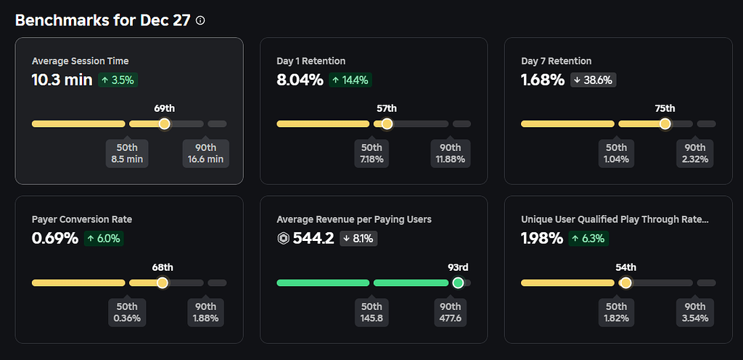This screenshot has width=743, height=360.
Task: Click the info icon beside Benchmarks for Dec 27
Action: pyautogui.click(x=200, y=20)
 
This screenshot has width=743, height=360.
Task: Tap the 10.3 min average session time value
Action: pyautogui.click(x=62, y=80)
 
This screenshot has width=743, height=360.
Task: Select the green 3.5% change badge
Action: pyautogui.click(x=118, y=80)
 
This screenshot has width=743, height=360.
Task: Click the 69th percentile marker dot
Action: pyautogui.click(x=164, y=124)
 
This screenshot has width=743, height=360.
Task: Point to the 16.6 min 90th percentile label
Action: pyautogui.click(x=206, y=153)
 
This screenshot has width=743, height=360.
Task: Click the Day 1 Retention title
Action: pyautogui.click(x=311, y=61)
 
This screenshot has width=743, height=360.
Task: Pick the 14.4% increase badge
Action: pyautogui.click(x=351, y=80)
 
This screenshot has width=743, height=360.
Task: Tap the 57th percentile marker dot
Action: pyautogui.click(x=387, y=124)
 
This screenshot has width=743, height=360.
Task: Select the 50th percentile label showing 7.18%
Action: pyautogui.click(x=371, y=153)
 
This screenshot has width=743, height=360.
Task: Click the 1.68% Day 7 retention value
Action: pyautogui.click(x=543, y=80)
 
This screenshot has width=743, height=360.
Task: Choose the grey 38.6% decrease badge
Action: pyautogui.click(x=594, y=80)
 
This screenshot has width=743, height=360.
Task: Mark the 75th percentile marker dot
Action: pyautogui.click(x=665, y=124)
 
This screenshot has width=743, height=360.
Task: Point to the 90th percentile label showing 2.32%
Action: pyautogui.click(x=695, y=153)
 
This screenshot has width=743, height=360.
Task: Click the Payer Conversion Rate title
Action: pyautogui.click(x=82, y=219)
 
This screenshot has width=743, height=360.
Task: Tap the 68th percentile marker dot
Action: pyautogui.click(x=163, y=282)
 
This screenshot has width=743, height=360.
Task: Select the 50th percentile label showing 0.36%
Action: pyautogui.click(x=127, y=311)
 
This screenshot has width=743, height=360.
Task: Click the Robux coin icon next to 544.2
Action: pyautogui.click(x=283, y=238)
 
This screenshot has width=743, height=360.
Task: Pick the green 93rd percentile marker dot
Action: pyautogui.click(x=458, y=282)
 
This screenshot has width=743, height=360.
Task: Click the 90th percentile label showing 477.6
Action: pyautogui.click(x=451, y=311)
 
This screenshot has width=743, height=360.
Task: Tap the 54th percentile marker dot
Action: pyautogui.click(x=625, y=282)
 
